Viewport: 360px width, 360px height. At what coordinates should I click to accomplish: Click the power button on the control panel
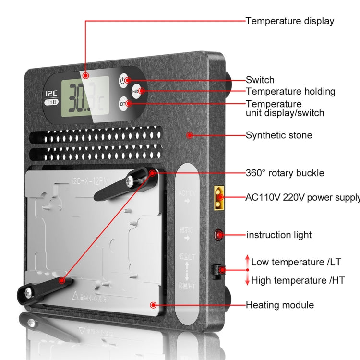click(x=123, y=80)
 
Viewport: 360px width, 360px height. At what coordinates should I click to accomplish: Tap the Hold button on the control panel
click(x=136, y=91)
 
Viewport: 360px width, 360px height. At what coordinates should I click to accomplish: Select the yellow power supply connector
click(x=220, y=197)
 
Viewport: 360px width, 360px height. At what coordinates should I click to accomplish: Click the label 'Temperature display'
click(x=290, y=21)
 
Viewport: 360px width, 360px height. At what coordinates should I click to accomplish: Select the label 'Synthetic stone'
click(x=279, y=135)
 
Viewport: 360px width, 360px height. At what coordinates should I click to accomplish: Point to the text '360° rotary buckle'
click(x=285, y=173)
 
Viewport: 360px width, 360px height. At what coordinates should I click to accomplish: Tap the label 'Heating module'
click(x=280, y=305)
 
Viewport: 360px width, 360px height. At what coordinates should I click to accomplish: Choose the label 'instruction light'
click(x=279, y=235)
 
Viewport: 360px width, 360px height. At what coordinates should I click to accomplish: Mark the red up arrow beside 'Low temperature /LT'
click(x=247, y=262)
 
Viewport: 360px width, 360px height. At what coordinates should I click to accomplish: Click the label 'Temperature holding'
click(x=290, y=91)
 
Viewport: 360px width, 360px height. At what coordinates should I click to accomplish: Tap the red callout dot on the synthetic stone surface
click(x=190, y=135)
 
